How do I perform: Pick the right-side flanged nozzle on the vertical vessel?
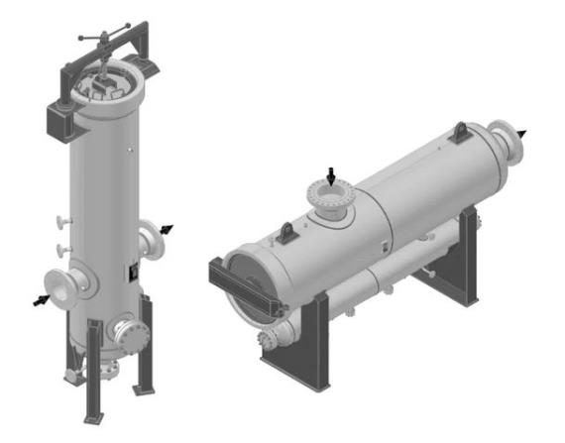(152, 240)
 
